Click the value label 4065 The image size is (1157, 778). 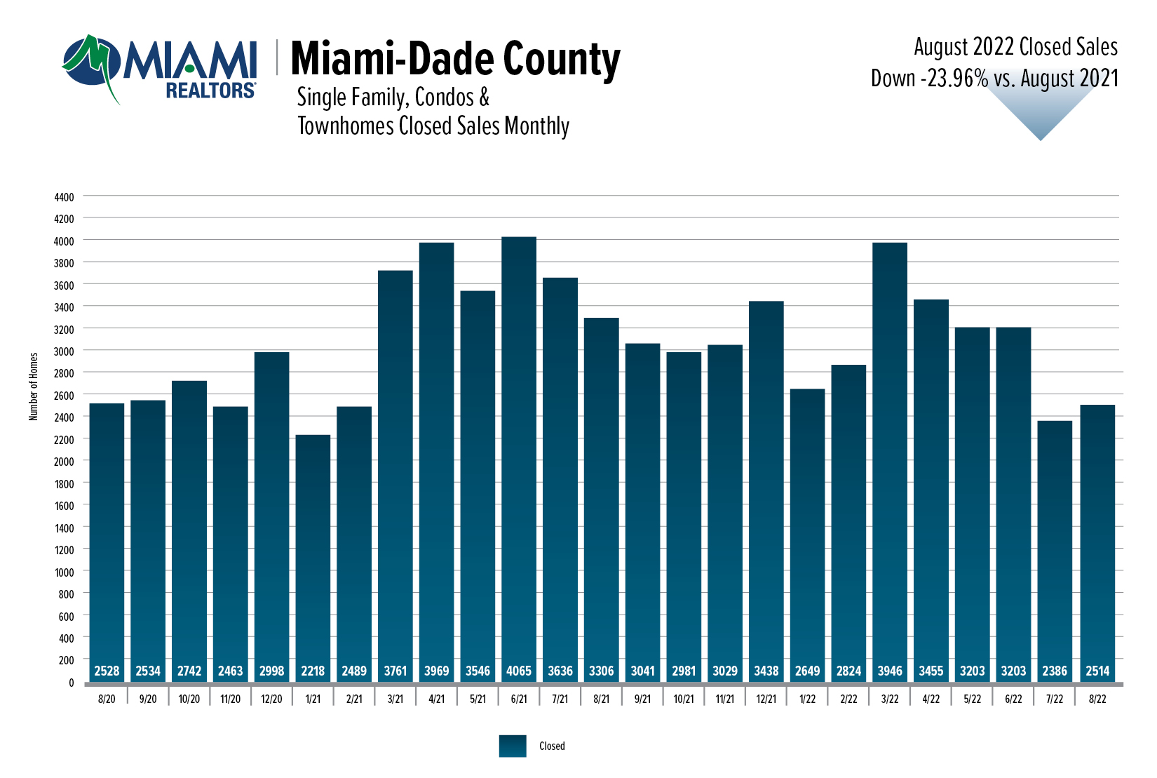(x=519, y=671)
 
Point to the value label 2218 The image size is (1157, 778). (x=313, y=671)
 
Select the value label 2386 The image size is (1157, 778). (x=1055, y=671)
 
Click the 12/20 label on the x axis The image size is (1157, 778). (x=271, y=699)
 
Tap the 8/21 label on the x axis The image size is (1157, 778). (x=602, y=699)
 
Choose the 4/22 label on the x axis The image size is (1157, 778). (x=931, y=699)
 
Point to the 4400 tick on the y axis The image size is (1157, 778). (x=64, y=198)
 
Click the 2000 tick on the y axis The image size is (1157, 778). (x=64, y=462)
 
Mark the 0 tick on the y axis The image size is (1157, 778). (x=71, y=683)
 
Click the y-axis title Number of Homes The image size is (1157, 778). (x=34, y=387)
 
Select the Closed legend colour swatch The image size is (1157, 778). (x=513, y=746)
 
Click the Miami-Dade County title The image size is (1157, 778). (x=455, y=59)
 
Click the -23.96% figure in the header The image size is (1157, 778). (x=954, y=79)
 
